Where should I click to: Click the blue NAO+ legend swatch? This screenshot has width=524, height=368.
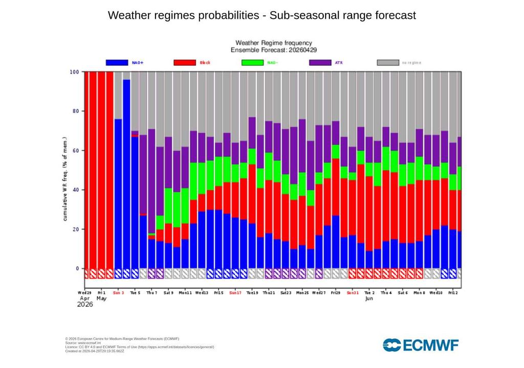[x=117, y=62]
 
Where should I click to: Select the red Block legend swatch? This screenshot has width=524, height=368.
[x=185, y=62]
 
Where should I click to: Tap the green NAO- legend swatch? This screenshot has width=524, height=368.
[x=252, y=62]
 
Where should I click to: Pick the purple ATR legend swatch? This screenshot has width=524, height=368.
[x=320, y=62]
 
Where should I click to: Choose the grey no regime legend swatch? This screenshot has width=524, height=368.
[x=387, y=62]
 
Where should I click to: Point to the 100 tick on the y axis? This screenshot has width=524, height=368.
[x=74, y=72]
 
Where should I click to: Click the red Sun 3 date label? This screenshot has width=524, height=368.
[x=118, y=293]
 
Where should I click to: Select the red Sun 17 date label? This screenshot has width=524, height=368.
[x=235, y=293]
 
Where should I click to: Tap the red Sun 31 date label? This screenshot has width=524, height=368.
[x=353, y=293]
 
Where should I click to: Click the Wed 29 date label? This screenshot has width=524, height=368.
[x=85, y=293]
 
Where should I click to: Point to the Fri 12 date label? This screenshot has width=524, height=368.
[x=453, y=293]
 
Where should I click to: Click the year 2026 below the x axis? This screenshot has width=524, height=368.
[x=85, y=305]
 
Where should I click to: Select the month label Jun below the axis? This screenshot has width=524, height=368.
[x=369, y=298]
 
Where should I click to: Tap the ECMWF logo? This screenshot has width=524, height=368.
[x=420, y=345]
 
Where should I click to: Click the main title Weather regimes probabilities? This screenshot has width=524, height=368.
[x=261, y=15]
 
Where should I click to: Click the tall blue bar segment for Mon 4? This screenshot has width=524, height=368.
[x=126, y=174]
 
